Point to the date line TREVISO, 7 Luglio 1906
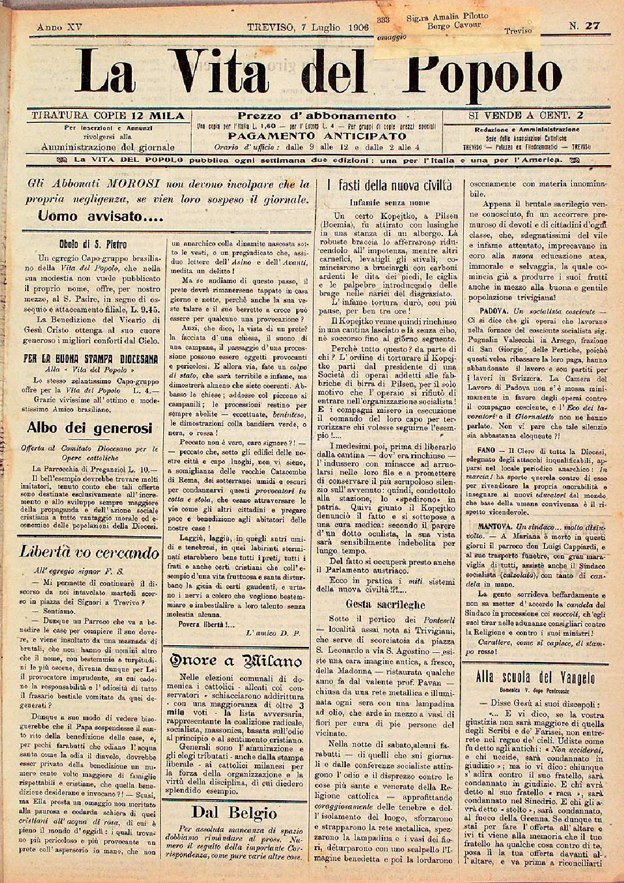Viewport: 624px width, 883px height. [310, 27]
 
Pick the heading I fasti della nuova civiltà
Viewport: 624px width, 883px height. [390, 186]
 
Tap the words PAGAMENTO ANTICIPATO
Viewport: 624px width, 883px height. [317, 136]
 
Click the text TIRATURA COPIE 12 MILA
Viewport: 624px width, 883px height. [108, 115]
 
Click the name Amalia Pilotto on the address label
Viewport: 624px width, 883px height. [454, 16]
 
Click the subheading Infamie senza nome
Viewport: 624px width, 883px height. [390, 203]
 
